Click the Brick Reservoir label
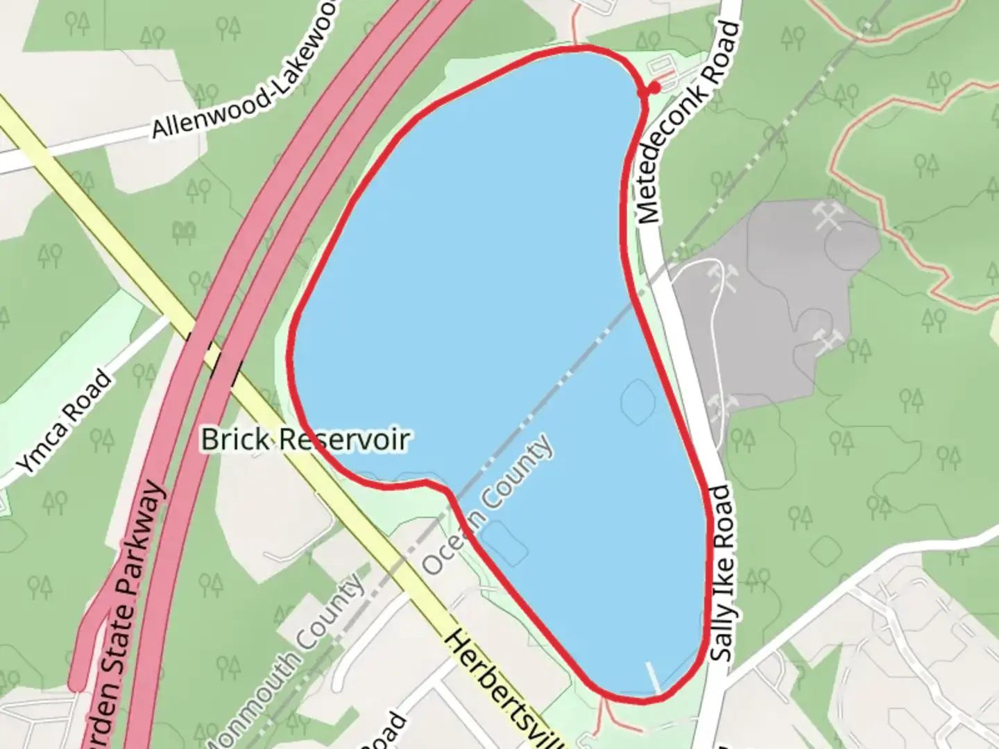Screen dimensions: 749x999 [305, 439]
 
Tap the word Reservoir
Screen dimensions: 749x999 [345, 439]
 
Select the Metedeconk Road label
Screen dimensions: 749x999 [687, 123]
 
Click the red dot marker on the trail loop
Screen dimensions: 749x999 [653, 88]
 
